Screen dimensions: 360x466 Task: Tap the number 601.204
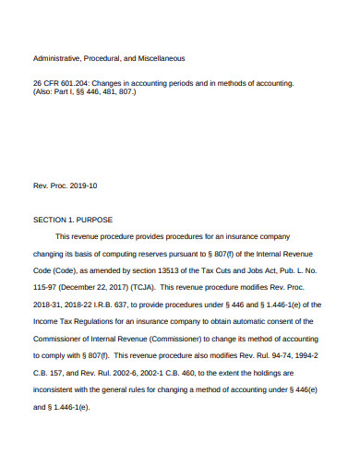coord(73,83)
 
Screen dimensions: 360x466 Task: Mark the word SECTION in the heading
coord(50,220)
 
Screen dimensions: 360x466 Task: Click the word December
coord(83,286)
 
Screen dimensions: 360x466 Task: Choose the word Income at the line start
coord(46,319)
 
